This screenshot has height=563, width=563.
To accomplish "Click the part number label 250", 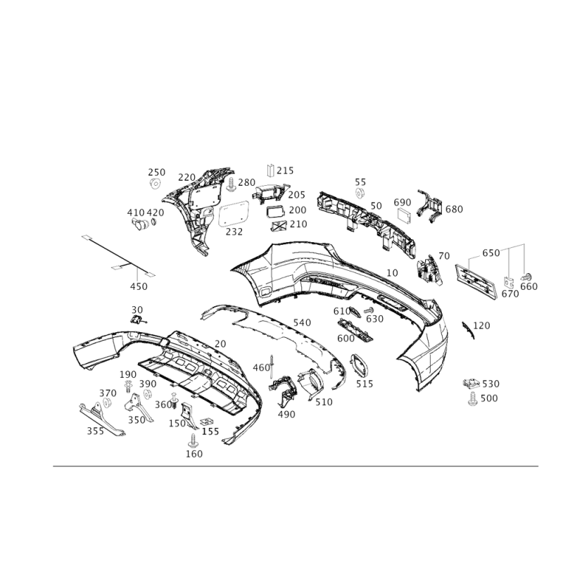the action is [156, 172].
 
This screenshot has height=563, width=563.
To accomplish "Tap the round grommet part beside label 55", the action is [360, 193].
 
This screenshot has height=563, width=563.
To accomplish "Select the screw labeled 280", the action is [232, 184].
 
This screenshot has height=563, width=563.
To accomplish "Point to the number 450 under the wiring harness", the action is [139, 286].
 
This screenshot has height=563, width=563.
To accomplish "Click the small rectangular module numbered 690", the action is [405, 215].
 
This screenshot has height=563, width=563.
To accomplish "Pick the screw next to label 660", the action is [526, 277].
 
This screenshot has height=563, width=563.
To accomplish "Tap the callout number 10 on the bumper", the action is [393, 273].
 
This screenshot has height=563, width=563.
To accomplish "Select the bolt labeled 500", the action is [472, 399].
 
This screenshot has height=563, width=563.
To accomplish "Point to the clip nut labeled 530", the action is [472, 384].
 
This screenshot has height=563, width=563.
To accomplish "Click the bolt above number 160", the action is [193, 441].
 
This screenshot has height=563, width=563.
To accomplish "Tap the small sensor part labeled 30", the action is [137, 320].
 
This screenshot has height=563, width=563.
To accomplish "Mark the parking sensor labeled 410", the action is [140, 223].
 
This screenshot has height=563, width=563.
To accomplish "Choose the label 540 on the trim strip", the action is [302, 322].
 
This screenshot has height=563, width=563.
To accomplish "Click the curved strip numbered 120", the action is [467, 330].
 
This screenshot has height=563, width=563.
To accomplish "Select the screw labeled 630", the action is [368, 310].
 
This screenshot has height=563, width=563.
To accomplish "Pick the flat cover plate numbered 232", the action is [234, 214].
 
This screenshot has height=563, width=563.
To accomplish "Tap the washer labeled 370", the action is [106, 403].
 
